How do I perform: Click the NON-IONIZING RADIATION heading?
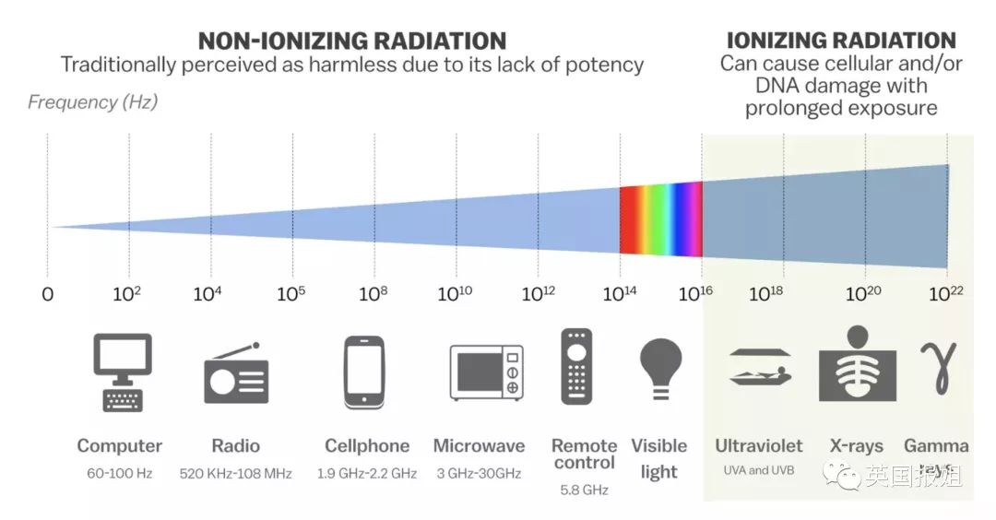coord(352,41)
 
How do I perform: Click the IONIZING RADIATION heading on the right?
coord(840,41)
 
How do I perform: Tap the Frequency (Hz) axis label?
coord(92,102)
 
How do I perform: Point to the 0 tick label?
coord(48,294)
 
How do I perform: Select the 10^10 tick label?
coord(455,294)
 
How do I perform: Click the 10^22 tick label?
coord(945,294)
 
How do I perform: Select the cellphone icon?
coord(363,372)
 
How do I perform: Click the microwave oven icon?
coord(486,372)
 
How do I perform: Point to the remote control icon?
coord(576,367)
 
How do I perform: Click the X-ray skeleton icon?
coord(857,364)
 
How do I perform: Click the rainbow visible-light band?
coord(660,219)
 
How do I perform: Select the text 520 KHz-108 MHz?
coord(236,474)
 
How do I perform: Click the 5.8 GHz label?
coord(584,490)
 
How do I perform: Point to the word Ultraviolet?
coord(759,446)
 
